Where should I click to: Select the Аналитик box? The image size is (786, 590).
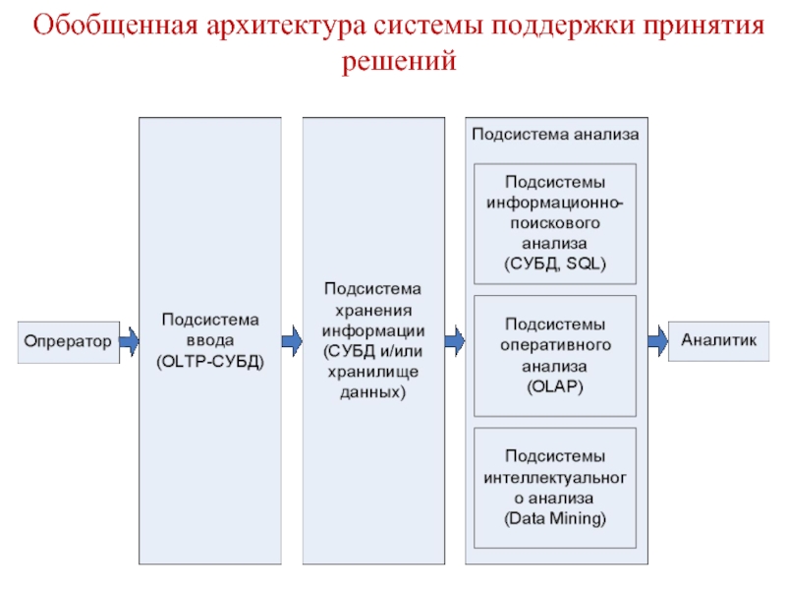click(x=719, y=340)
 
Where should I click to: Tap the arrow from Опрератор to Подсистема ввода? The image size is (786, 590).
click(x=129, y=341)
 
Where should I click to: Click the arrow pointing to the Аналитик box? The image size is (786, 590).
click(x=656, y=340)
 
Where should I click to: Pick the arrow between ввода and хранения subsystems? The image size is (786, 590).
click(x=291, y=341)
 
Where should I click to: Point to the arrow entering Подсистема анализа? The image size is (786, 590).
click(x=454, y=341)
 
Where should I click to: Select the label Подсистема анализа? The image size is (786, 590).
click(x=555, y=134)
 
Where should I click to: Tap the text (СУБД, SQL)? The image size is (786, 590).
click(x=555, y=264)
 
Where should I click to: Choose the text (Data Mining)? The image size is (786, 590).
click(x=555, y=517)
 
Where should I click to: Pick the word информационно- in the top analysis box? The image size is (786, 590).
click(x=555, y=203)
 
